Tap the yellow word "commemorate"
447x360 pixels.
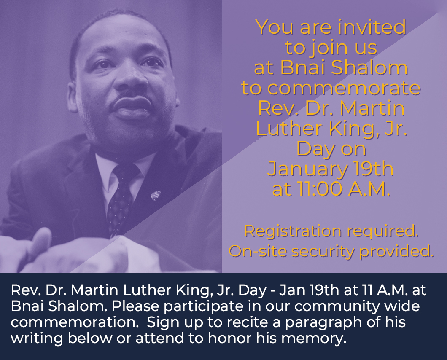coord(331,88)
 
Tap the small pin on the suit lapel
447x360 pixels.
coord(156,195)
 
